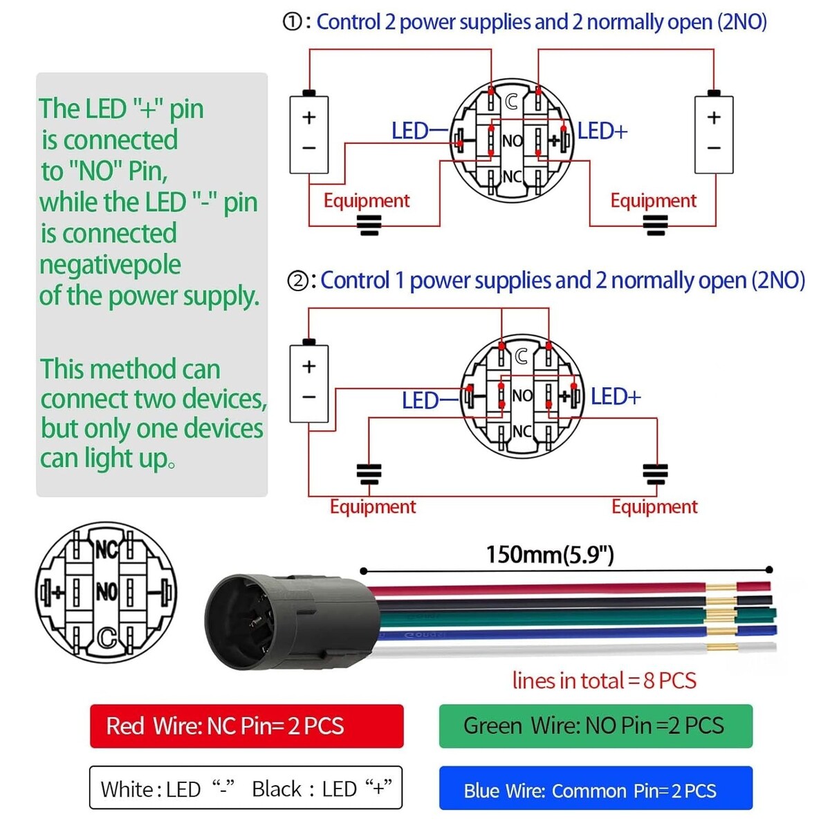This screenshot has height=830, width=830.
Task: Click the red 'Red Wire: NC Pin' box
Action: point(246,726)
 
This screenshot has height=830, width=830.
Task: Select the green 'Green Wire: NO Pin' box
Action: point(595,726)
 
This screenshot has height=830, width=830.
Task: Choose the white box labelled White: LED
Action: point(246,788)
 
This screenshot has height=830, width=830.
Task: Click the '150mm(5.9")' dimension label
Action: point(550,554)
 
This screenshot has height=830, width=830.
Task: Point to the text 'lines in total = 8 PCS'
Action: point(604,681)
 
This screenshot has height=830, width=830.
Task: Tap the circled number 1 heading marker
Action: point(293,22)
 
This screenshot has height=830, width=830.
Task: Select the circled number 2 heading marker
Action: point(297,281)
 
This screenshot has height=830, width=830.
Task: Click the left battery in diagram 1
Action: point(308,133)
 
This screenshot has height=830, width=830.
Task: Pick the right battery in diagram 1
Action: point(714,133)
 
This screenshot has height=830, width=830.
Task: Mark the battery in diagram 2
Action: point(308,382)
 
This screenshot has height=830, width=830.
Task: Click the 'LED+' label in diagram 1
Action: point(602,131)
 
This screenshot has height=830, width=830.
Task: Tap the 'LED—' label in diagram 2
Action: point(430,400)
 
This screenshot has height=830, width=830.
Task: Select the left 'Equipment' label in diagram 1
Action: point(367,201)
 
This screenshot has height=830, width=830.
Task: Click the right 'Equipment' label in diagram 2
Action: point(654,506)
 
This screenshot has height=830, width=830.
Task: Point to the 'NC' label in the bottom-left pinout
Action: point(107,550)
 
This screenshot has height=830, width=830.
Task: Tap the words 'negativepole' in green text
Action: point(110,264)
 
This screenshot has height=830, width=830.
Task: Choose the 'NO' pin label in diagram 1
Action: point(512,141)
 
